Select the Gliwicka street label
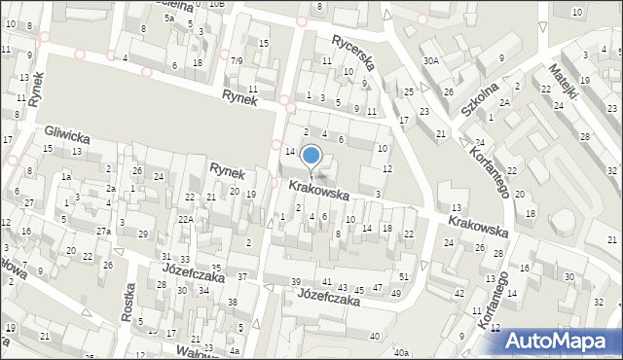tap(67, 136)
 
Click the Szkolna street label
tap(486, 97)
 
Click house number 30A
tap(430, 60)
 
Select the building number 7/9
tap(237, 60)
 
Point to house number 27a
tap(102, 231)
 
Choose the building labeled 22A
tap(185, 220)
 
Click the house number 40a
tap(401, 351)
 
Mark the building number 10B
tap(215, 4)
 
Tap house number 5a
tap(168, 18)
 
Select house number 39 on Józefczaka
tap(296, 281)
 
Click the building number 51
tap(404, 277)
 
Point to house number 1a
tap(66, 177)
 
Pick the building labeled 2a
tap(111, 188)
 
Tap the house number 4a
tap(235, 350)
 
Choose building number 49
tap(395, 293)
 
